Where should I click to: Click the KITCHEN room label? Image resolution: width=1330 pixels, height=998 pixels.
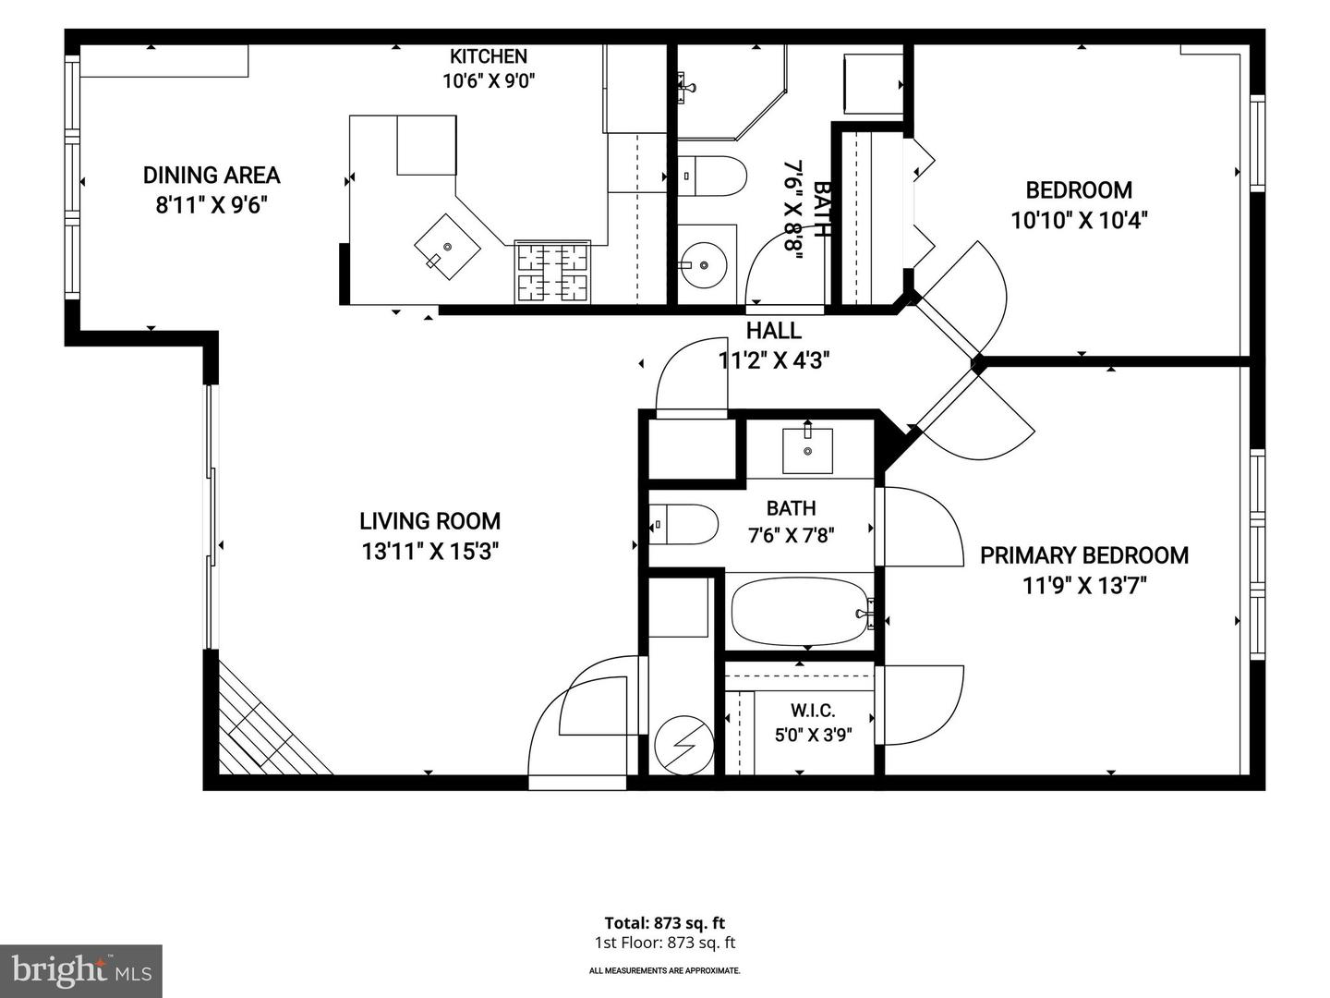coord(488,56)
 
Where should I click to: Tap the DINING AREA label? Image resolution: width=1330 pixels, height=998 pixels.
coord(212,176)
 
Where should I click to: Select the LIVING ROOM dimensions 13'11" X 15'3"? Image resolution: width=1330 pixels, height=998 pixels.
coord(429,552)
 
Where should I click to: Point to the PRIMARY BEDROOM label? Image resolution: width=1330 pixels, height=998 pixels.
coord(1084,555)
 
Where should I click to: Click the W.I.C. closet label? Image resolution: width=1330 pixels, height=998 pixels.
coord(813,710)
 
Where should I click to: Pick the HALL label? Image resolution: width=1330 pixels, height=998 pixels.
coord(773,331)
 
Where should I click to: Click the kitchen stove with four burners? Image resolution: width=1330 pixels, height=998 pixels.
coord(552,272)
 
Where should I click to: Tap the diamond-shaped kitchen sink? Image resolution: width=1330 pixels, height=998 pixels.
coord(447,248)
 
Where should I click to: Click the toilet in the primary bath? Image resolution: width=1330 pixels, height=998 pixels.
coord(683,524)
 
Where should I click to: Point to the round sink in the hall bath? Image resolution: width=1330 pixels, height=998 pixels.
coord(704,265)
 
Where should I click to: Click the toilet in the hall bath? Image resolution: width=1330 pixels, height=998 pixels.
coord(711,176)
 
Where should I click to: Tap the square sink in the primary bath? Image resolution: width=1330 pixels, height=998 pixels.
coord(807,450)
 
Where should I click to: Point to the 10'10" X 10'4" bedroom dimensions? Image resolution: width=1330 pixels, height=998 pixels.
coord(1079,220)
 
